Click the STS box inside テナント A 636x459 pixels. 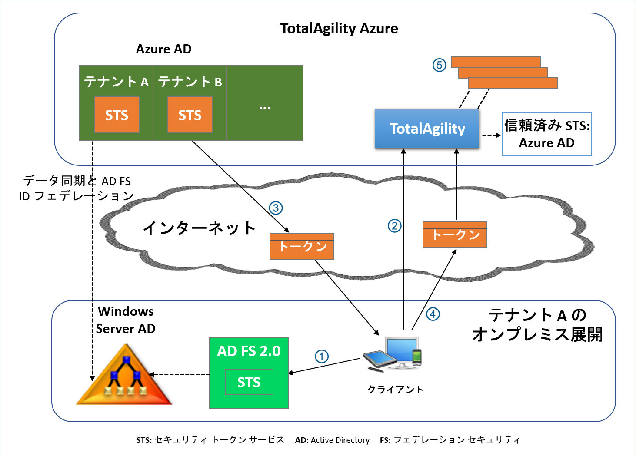(x=117, y=115)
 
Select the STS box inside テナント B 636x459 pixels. (x=190, y=115)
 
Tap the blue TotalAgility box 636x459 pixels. (x=427, y=129)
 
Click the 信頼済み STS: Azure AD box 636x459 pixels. (x=547, y=134)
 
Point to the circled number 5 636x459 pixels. (x=439, y=65)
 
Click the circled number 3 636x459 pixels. (x=276, y=208)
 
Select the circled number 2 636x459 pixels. (x=394, y=226)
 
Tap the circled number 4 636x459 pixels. (x=433, y=314)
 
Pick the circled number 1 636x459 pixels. (x=321, y=357)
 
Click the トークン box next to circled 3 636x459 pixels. (x=302, y=246)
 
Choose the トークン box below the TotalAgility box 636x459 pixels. (x=455, y=235)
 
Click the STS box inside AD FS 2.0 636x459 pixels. (x=249, y=382)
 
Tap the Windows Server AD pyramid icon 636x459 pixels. (x=125, y=376)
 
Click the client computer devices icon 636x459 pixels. (x=395, y=353)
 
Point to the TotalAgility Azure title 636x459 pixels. (x=339, y=29)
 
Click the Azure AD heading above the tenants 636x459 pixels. (x=163, y=49)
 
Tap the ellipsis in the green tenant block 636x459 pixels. (x=265, y=107)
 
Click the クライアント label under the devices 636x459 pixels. (x=395, y=390)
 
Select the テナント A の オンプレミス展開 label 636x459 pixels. (x=537, y=325)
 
